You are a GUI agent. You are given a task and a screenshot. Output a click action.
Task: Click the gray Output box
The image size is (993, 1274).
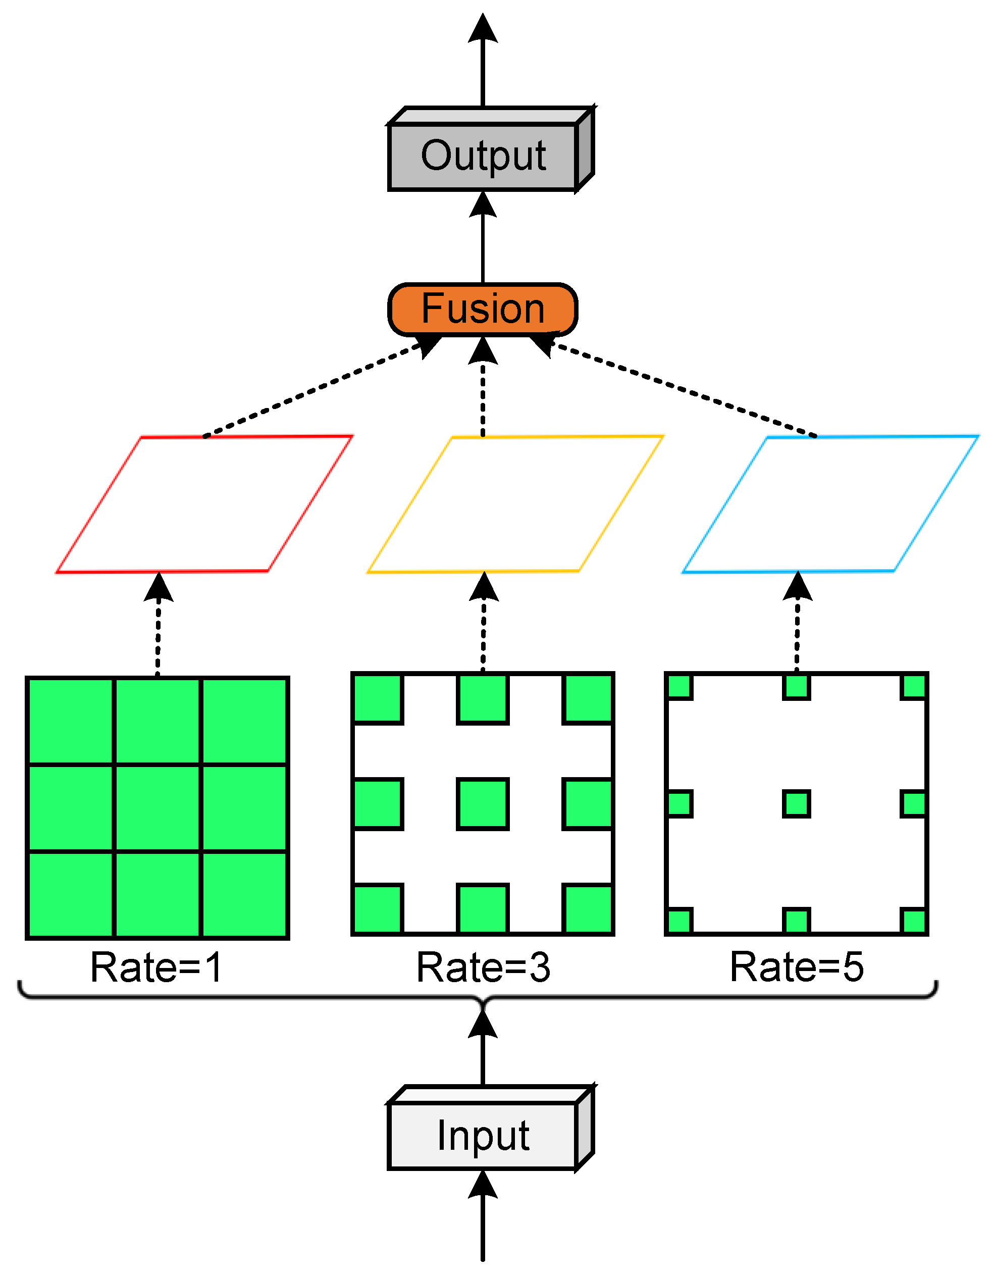(483, 157)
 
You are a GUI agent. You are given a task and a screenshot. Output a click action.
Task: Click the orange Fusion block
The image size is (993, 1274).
(483, 309)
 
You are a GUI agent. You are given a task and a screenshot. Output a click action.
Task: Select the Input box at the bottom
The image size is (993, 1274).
(483, 1136)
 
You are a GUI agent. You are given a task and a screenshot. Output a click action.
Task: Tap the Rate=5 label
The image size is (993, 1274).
(797, 967)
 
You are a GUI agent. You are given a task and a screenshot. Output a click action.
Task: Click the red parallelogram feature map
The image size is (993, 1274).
(204, 504)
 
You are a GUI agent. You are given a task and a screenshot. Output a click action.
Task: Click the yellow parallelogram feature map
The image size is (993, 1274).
(515, 504)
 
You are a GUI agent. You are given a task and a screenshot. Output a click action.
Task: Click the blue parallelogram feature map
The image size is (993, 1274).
(830, 504)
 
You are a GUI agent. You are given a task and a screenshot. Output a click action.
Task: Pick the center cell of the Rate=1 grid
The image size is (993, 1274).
(158, 808)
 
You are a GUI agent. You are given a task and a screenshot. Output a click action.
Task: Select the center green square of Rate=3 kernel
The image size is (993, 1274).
(483, 804)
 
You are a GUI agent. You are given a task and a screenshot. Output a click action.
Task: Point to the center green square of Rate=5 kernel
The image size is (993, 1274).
(797, 804)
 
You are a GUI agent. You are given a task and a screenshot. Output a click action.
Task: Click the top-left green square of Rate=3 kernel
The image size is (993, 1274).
(378, 699)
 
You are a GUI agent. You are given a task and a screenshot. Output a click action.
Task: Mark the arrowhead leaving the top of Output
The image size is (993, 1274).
(483, 29)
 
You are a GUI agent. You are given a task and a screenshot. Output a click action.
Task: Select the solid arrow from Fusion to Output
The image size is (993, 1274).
(483, 245)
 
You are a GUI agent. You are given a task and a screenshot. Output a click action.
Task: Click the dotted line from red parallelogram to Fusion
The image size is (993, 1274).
(315, 390)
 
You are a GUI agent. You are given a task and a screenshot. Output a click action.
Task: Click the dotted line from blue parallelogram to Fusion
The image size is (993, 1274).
(682, 390)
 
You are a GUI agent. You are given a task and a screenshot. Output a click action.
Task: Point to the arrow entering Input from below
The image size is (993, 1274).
(483, 1219)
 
